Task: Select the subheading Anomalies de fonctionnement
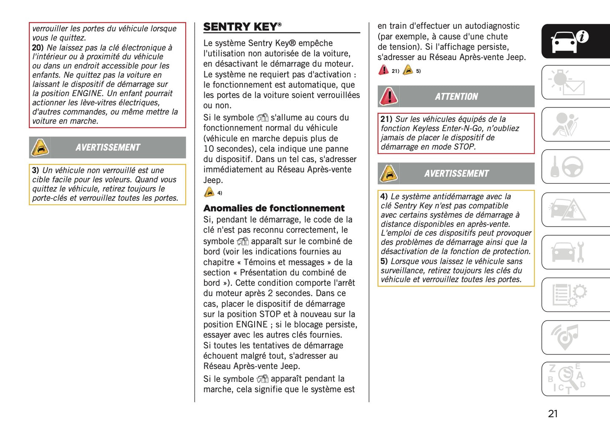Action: click(x=274, y=208)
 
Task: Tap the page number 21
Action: click(x=553, y=413)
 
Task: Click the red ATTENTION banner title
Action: click(x=456, y=97)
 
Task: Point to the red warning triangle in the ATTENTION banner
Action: click(x=389, y=96)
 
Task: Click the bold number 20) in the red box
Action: click(x=38, y=48)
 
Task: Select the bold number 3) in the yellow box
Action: click(x=35, y=170)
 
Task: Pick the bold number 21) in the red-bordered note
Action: click(x=386, y=119)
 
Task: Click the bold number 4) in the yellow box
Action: click(x=384, y=196)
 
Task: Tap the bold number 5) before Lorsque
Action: click(x=384, y=261)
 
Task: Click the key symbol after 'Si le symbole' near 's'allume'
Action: click(x=263, y=118)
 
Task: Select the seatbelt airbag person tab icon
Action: click(x=565, y=124)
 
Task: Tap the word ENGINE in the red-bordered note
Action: click(x=87, y=93)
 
